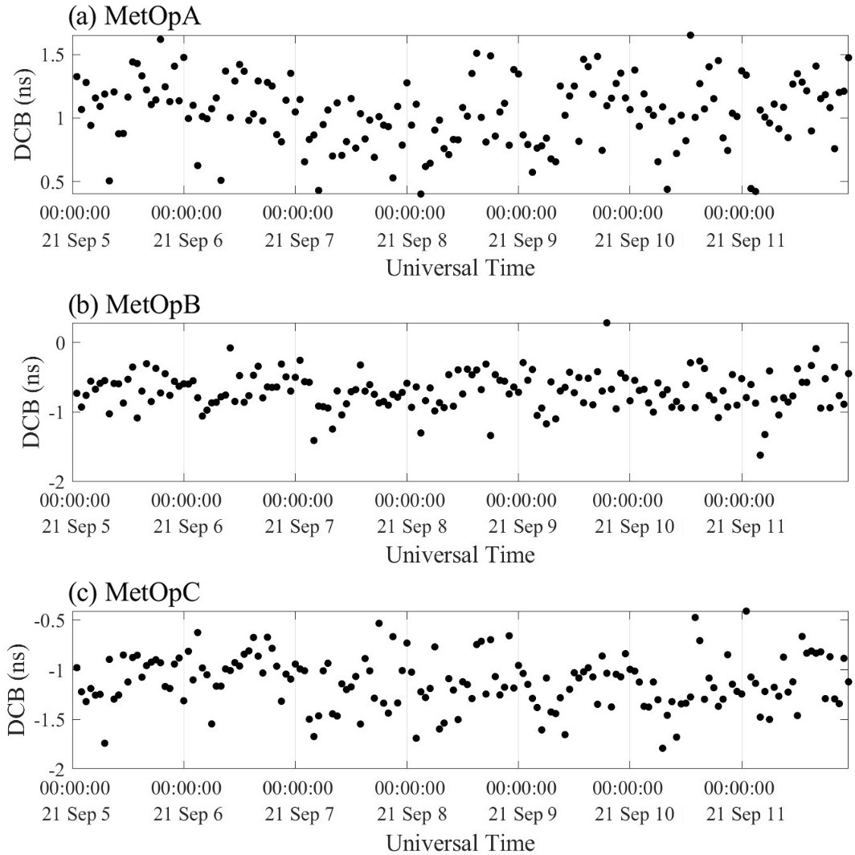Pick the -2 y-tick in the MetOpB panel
click(56, 481)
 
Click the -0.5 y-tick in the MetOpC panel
click(49, 620)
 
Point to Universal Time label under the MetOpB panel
click(460, 554)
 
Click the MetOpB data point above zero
click(607, 323)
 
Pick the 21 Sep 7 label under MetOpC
click(296, 816)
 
